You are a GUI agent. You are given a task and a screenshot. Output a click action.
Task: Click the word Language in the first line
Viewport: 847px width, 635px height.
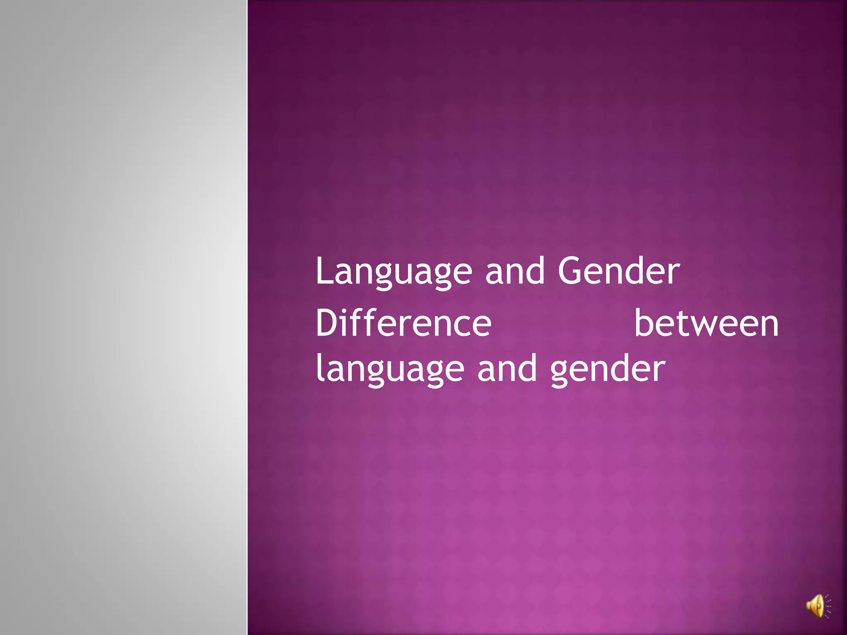393,272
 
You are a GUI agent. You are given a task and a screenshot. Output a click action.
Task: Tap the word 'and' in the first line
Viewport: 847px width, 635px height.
515,271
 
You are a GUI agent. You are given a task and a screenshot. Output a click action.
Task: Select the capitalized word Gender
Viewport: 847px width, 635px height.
619,271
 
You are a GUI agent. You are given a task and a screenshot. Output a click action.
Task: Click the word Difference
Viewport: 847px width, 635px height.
403,323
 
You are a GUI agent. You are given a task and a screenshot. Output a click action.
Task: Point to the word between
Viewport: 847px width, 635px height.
706,323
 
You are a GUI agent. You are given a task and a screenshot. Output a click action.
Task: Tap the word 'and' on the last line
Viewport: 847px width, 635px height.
507,369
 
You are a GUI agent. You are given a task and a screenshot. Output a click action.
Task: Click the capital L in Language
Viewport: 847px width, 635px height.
324,271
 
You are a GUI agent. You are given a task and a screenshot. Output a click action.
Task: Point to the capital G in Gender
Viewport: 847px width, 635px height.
572,271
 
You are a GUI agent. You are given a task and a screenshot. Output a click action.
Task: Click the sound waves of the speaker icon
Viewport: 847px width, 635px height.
827,606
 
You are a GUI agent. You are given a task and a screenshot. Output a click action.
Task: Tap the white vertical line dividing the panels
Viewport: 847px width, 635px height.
247,317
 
